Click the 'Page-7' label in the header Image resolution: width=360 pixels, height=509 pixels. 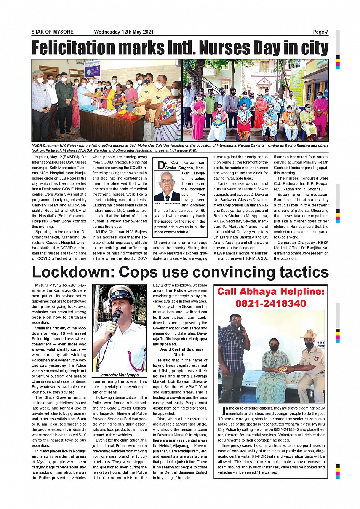320,32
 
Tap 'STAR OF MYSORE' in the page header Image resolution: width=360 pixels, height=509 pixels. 53,32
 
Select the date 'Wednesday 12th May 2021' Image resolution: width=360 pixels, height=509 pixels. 124,32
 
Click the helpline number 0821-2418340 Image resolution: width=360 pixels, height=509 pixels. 270,303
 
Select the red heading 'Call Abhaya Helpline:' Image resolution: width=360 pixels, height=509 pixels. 270,292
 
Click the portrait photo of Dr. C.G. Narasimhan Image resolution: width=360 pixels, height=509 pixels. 167,186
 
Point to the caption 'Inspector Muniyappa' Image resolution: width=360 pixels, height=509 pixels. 119,375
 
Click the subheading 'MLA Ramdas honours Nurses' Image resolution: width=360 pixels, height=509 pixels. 240,253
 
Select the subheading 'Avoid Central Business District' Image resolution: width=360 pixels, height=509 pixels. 182,352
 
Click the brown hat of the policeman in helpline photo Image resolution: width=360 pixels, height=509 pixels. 308,334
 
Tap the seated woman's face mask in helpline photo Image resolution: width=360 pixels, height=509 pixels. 274,348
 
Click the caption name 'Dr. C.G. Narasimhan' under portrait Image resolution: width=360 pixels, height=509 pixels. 167,204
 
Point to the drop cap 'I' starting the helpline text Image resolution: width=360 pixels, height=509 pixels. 224,410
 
